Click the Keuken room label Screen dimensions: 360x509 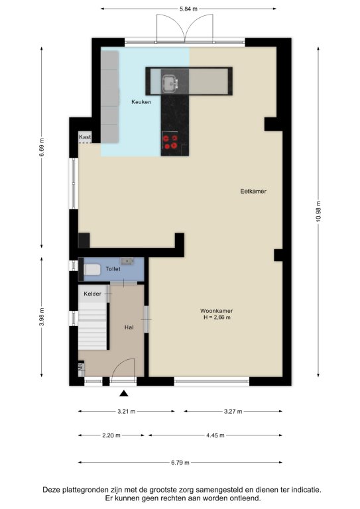[x=141, y=102]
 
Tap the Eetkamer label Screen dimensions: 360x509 [x=253, y=191]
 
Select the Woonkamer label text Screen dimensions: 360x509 [x=217, y=311]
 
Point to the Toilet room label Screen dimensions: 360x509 [x=113, y=269]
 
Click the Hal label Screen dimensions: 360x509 [x=129, y=327]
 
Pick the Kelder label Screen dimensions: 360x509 [x=93, y=294]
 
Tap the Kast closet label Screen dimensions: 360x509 [x=85, y=137]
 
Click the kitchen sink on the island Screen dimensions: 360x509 [x=170, y=83]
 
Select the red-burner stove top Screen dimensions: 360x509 [x=170, y=142]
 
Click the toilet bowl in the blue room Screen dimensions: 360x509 [x=92, y=270]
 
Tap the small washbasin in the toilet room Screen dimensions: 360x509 [x=127, y=260]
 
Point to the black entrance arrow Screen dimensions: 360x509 [x=124, y=394]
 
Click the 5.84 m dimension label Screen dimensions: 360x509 [x=188, y=9]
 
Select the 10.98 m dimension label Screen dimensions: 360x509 [x=318, y=211]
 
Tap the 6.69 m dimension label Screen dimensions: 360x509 [x=42, y=147]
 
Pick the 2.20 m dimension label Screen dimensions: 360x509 [x=111, y=435]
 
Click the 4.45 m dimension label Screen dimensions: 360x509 [x=215, y=435]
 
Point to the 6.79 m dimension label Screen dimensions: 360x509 [x=180, y=463]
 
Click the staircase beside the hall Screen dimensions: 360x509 [x=93, y=325]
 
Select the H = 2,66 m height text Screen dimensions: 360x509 [x=217, y=317]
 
